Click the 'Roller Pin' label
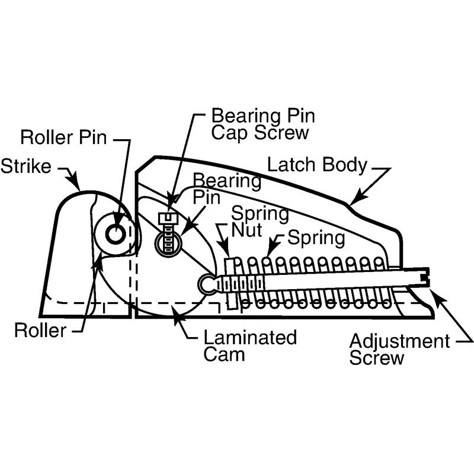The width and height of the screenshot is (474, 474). [63, 138]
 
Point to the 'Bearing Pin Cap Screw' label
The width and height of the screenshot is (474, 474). [260, 123]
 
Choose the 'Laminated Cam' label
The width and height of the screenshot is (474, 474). [249, 346]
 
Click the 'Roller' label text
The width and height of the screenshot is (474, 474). [40, 331]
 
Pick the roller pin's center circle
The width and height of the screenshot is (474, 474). [115, 234]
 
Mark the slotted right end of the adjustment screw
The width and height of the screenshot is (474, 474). [424, 276]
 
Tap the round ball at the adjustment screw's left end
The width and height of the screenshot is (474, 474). [208, 284]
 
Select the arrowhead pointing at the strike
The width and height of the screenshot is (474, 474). [78, 180]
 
